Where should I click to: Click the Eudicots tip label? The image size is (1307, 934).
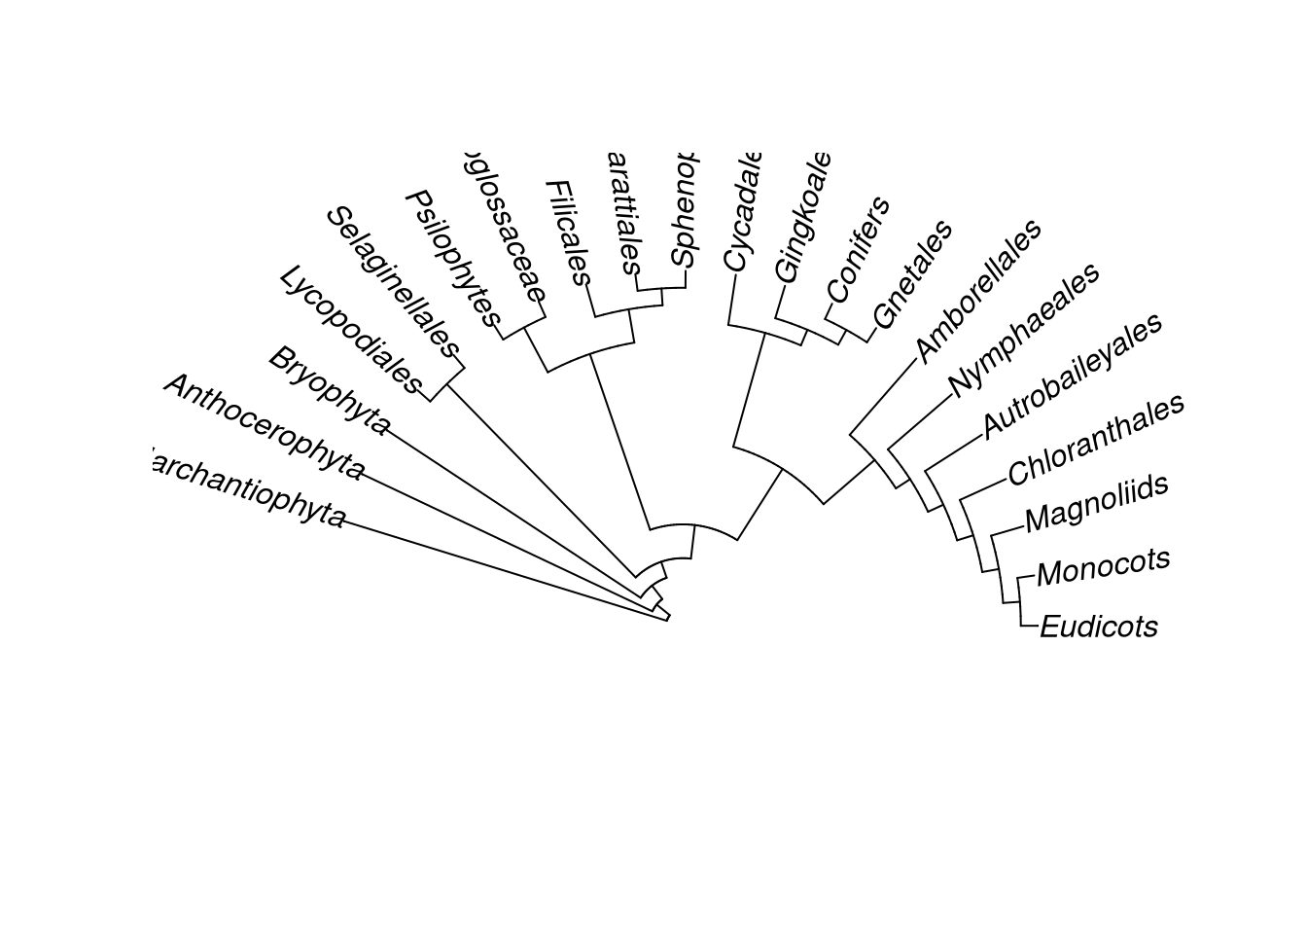[x=1098, y=627]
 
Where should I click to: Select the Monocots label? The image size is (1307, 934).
[x=1103, y=567]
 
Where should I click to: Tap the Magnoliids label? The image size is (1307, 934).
[x=1096, y=504]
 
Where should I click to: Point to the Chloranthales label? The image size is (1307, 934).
[x=1095, y=440]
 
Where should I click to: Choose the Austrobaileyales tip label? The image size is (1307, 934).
[x=1072, y=376]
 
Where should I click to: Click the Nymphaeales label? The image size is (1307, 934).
[x=1024, y=329]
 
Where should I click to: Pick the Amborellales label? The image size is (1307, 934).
[x=978, y=290]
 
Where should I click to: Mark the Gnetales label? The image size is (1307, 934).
[x=912, y=274]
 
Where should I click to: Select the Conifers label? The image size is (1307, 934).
[x=858, y=249]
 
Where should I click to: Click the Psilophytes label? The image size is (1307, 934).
[x=452, y=259]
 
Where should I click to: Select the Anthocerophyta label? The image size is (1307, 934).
[x=264, y=426]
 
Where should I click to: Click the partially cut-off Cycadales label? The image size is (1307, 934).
[x=740, y=214]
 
